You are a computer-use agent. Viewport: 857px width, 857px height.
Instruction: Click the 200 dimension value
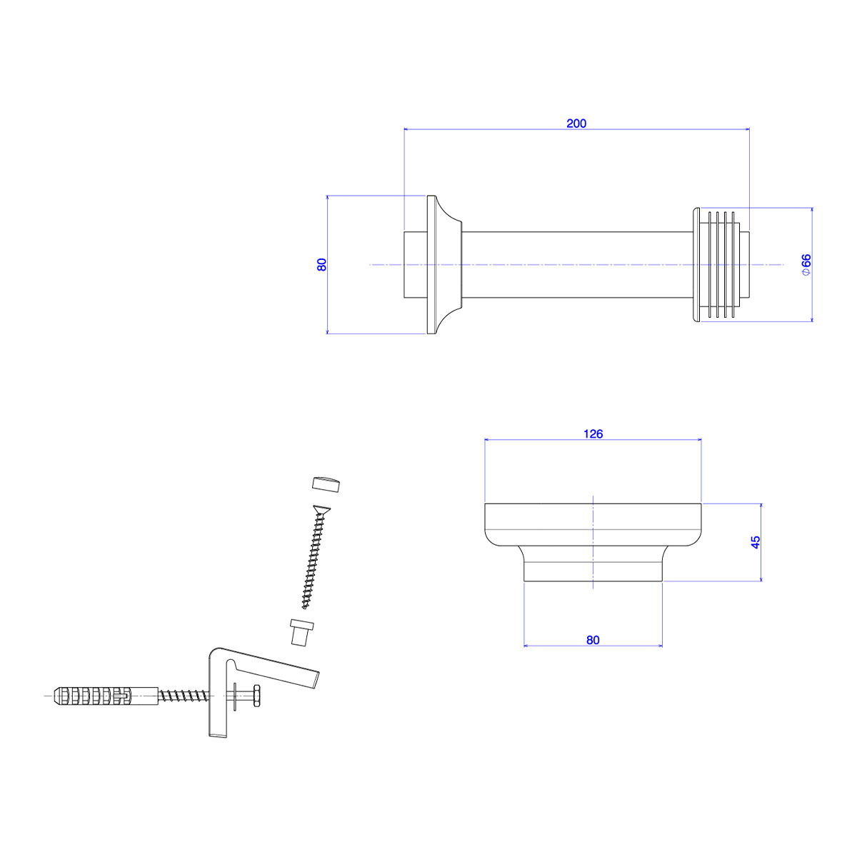(x=576, y=123)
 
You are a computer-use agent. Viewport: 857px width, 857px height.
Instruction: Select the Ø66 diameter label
(x=806, y=265)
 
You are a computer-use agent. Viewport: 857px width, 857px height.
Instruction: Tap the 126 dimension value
(x=593, y=433)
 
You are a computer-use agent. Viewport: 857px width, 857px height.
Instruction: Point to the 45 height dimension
(x=755, y=542)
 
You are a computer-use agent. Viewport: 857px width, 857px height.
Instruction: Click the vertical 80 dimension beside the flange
(x=322, y=264)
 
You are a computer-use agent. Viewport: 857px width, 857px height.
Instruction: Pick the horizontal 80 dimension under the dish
(x=593, y=640)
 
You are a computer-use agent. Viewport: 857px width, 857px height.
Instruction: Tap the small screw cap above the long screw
(x=326, y=483)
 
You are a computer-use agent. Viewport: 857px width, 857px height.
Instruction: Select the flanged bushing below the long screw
(x=301, y=631)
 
